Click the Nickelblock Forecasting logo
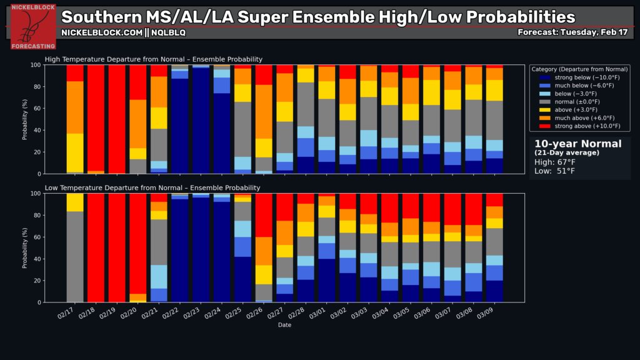pos(33,26)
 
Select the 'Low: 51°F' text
pos(555,171)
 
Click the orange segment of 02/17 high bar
pos(76,107)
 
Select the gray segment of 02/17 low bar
pos(76,256)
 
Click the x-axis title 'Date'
pos(285,324)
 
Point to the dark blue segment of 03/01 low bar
pos(327,281)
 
